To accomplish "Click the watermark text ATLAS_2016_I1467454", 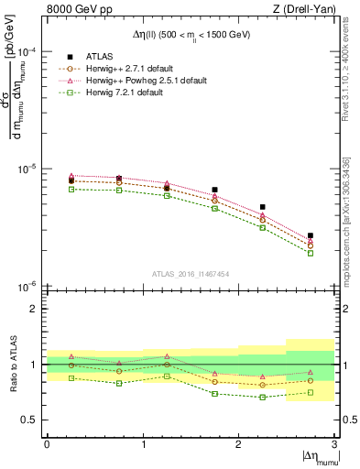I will (x=191, y=274).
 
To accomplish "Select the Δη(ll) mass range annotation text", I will (x=191, y=34).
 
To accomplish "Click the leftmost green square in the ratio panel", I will (x=71, y=377).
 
